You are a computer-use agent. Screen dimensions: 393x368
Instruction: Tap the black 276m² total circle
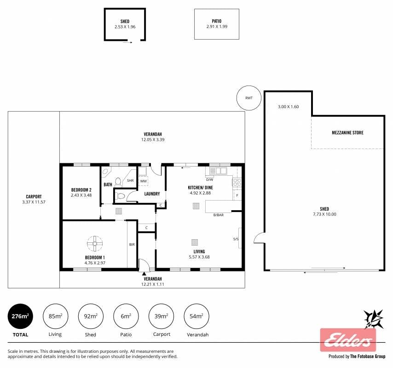coord(20,316)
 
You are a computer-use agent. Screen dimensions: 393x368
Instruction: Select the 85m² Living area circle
coord(55,316)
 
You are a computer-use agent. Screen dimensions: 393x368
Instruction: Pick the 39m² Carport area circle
coord(161,316)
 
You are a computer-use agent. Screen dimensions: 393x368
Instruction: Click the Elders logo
coord(348,340)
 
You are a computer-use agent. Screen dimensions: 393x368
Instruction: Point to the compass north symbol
coord(374,319)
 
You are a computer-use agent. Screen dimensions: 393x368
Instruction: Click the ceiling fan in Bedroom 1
coord(95,243)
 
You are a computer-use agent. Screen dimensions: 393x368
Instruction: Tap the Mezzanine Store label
coord(347,133)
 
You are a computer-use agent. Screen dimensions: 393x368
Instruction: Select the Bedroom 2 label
coord(81,190)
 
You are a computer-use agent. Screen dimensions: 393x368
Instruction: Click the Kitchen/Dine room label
coord(200,187)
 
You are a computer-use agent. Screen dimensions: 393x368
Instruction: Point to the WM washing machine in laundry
coord(144,181)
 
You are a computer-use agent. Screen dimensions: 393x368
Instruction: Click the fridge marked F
coord(237,195)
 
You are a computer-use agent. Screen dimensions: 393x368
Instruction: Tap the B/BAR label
coord(218,215)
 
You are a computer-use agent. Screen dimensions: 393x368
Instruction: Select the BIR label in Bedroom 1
coord(132,245)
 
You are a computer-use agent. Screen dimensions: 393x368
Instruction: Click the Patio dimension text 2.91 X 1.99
coord(217,27)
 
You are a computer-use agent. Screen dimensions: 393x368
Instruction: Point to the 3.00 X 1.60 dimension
coord(288,107)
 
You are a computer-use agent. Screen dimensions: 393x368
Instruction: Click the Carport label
coord(34,197)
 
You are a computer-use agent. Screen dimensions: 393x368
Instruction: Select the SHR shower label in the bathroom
coord(130,180)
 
